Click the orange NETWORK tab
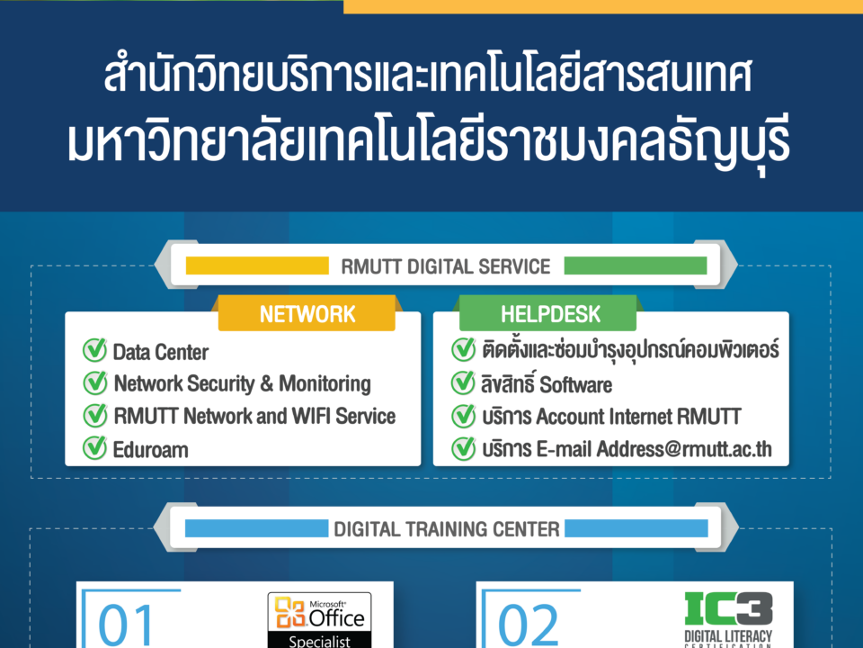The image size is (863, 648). click(x=307, y=313)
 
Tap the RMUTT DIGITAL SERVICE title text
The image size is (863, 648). click(x=445, y=266)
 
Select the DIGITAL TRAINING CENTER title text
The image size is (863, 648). click(x=447, y=529)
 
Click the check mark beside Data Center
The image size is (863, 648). click(x=94, y=350)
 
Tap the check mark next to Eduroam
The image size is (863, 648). click(x=94, y=448)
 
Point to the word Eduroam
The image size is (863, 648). click(x=150, y=450)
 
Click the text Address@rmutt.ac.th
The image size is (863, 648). click(x=684, y=449)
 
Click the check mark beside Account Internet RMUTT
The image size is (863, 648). click(x=464, y=416)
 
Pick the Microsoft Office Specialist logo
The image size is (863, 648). click(x=319, y=620)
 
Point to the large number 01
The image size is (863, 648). click(x=125, y=625)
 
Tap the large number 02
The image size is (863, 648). click(x=528, y=625)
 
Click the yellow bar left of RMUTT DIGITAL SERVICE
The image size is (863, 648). click(x=257, y=265)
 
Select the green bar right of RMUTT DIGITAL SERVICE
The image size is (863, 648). click(x=636, y=265)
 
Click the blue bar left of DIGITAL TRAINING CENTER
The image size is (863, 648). click(x=256, y=528)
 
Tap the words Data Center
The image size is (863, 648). click(x=161, y=352)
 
